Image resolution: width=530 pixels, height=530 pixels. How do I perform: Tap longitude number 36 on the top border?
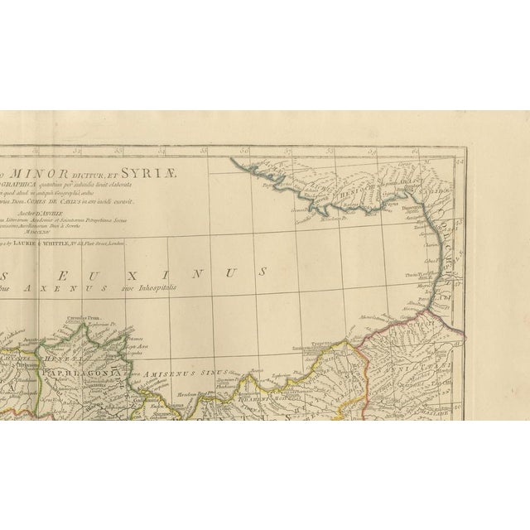tap(245, 152)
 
